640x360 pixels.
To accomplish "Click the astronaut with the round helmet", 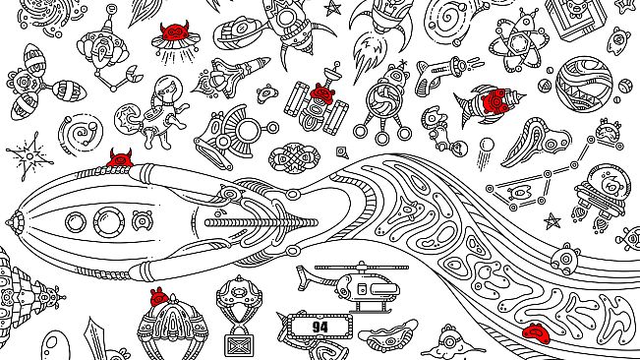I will coord(162,106).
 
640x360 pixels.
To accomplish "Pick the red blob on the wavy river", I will coord(535,330).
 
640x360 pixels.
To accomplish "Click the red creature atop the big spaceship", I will coord(119,158).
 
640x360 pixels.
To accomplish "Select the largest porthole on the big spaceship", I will coord(106,221).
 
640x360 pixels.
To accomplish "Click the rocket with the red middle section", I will coord(487,102).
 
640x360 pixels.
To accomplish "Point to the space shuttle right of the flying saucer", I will coord(238,71).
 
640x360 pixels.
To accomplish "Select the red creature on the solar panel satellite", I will coord(320,95).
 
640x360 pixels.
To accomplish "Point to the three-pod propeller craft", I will coord(39,84).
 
